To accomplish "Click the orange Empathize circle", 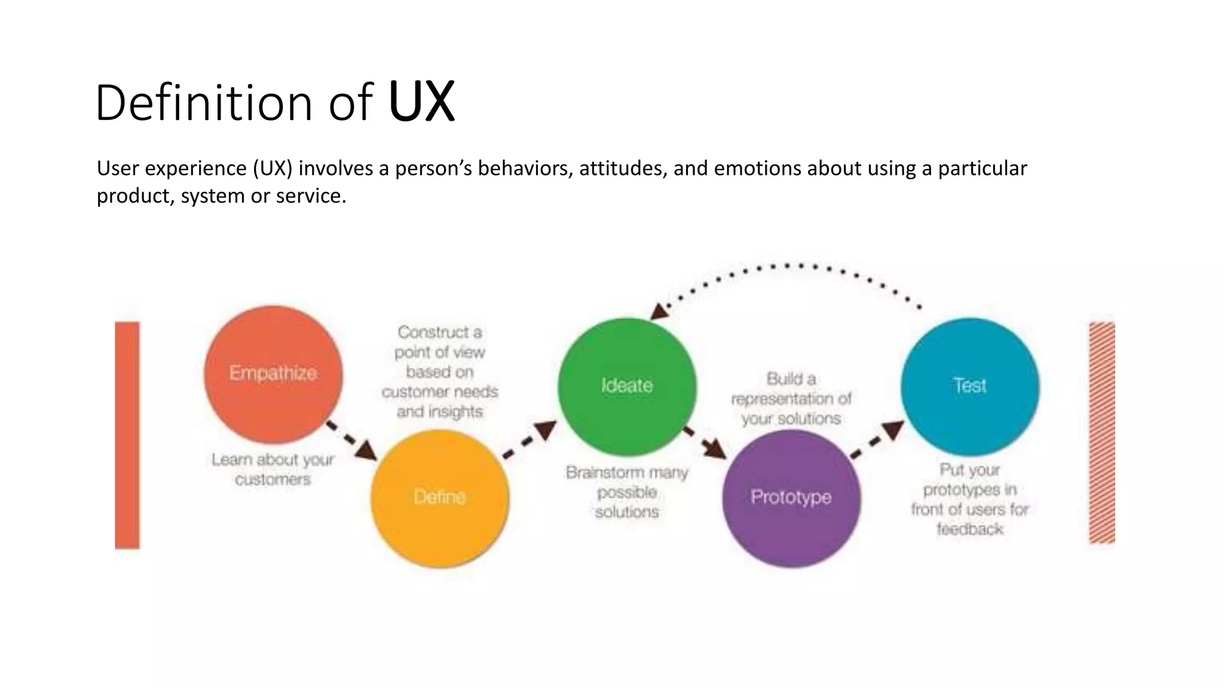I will [273, 374].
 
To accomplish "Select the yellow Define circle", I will [440, 497].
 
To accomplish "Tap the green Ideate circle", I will [627, 386].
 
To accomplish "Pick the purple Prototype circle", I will [791, 497].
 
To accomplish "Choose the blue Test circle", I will [969, 386].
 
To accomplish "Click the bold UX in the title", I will [421, 102].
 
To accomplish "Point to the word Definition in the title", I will [204, 103].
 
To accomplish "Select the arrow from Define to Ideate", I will [530, 440].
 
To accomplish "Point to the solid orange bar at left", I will [127, 435].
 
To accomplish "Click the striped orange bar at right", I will [1101, 432].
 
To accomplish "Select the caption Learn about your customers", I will [273, 469].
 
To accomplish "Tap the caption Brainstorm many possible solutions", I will [627, 492].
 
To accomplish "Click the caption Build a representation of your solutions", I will [791, 398].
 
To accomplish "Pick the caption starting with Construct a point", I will [440, 371].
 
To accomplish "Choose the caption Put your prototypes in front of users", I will [969, 499].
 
